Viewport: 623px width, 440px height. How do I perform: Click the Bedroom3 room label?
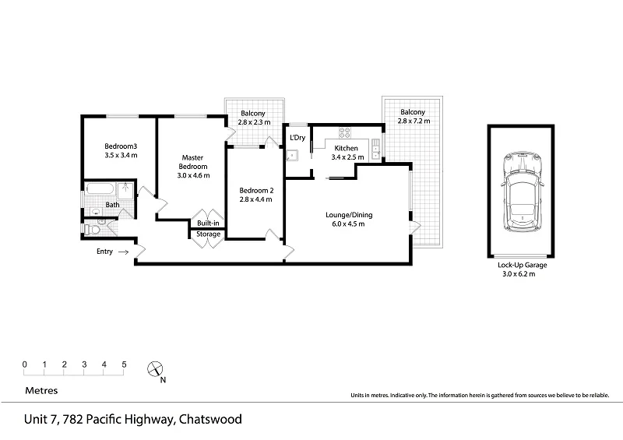click(x=121, y=146)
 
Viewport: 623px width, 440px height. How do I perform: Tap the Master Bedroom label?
click(x=193, y=161)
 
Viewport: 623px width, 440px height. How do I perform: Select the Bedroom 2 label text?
click(x=257, y=191)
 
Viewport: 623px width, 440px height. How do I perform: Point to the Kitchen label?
click(x=346, y=148)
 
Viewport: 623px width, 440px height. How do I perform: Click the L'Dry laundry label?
click(x=297, y=138)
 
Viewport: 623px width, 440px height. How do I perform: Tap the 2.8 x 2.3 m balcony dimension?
click(x=255, y=122)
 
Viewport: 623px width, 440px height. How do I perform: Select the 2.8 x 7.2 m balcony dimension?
click(x=413, y=121)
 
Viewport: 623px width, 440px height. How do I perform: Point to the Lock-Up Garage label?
click(x=523, y=265)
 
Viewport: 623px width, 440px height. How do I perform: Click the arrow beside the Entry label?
click(x=124, y=252)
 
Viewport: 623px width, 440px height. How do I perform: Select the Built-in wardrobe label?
click(x=208, y=224)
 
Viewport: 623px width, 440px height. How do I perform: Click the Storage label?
click(x=208, y=234)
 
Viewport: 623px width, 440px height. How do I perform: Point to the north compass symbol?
click(x=156, y=370)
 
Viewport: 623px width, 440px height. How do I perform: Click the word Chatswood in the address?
click(x=210, y=419)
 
